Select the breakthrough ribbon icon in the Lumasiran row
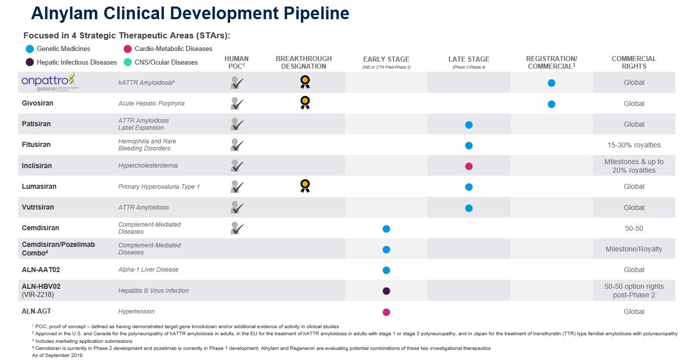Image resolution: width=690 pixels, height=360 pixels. (x=304, y=186)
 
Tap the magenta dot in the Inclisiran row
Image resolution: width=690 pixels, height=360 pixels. (x=468, y=166)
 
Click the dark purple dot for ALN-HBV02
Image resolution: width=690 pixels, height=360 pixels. (x=386, y=291)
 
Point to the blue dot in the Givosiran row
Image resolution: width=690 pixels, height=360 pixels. (x=551, y=104)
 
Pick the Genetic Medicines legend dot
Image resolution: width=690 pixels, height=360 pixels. (x=30, y=49)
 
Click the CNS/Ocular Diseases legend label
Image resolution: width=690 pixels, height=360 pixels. (x=166, y=63)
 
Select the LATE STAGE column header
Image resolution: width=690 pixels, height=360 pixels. (x=468, y=60)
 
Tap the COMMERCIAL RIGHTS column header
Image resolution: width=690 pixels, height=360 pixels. (x=633, y=62)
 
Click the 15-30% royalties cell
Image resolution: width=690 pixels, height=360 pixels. (x=633, y=145)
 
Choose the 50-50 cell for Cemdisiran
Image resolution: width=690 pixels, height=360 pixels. (x=633, y=228)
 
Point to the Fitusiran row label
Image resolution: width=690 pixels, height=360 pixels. (x=36, y=145)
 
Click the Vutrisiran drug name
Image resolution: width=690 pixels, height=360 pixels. (x=38, y=208)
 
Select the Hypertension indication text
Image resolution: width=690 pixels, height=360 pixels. (x=136, y=312)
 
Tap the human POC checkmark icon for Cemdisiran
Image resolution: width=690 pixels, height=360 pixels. (x=237, y=228)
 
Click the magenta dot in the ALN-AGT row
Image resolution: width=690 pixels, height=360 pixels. (x=386, y=312)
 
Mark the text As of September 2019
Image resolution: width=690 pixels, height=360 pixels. (x=54, y=355)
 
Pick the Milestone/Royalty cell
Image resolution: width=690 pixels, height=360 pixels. (x=633, y=249)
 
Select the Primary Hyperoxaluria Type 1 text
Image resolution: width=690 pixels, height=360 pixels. (x=159, y=187)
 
